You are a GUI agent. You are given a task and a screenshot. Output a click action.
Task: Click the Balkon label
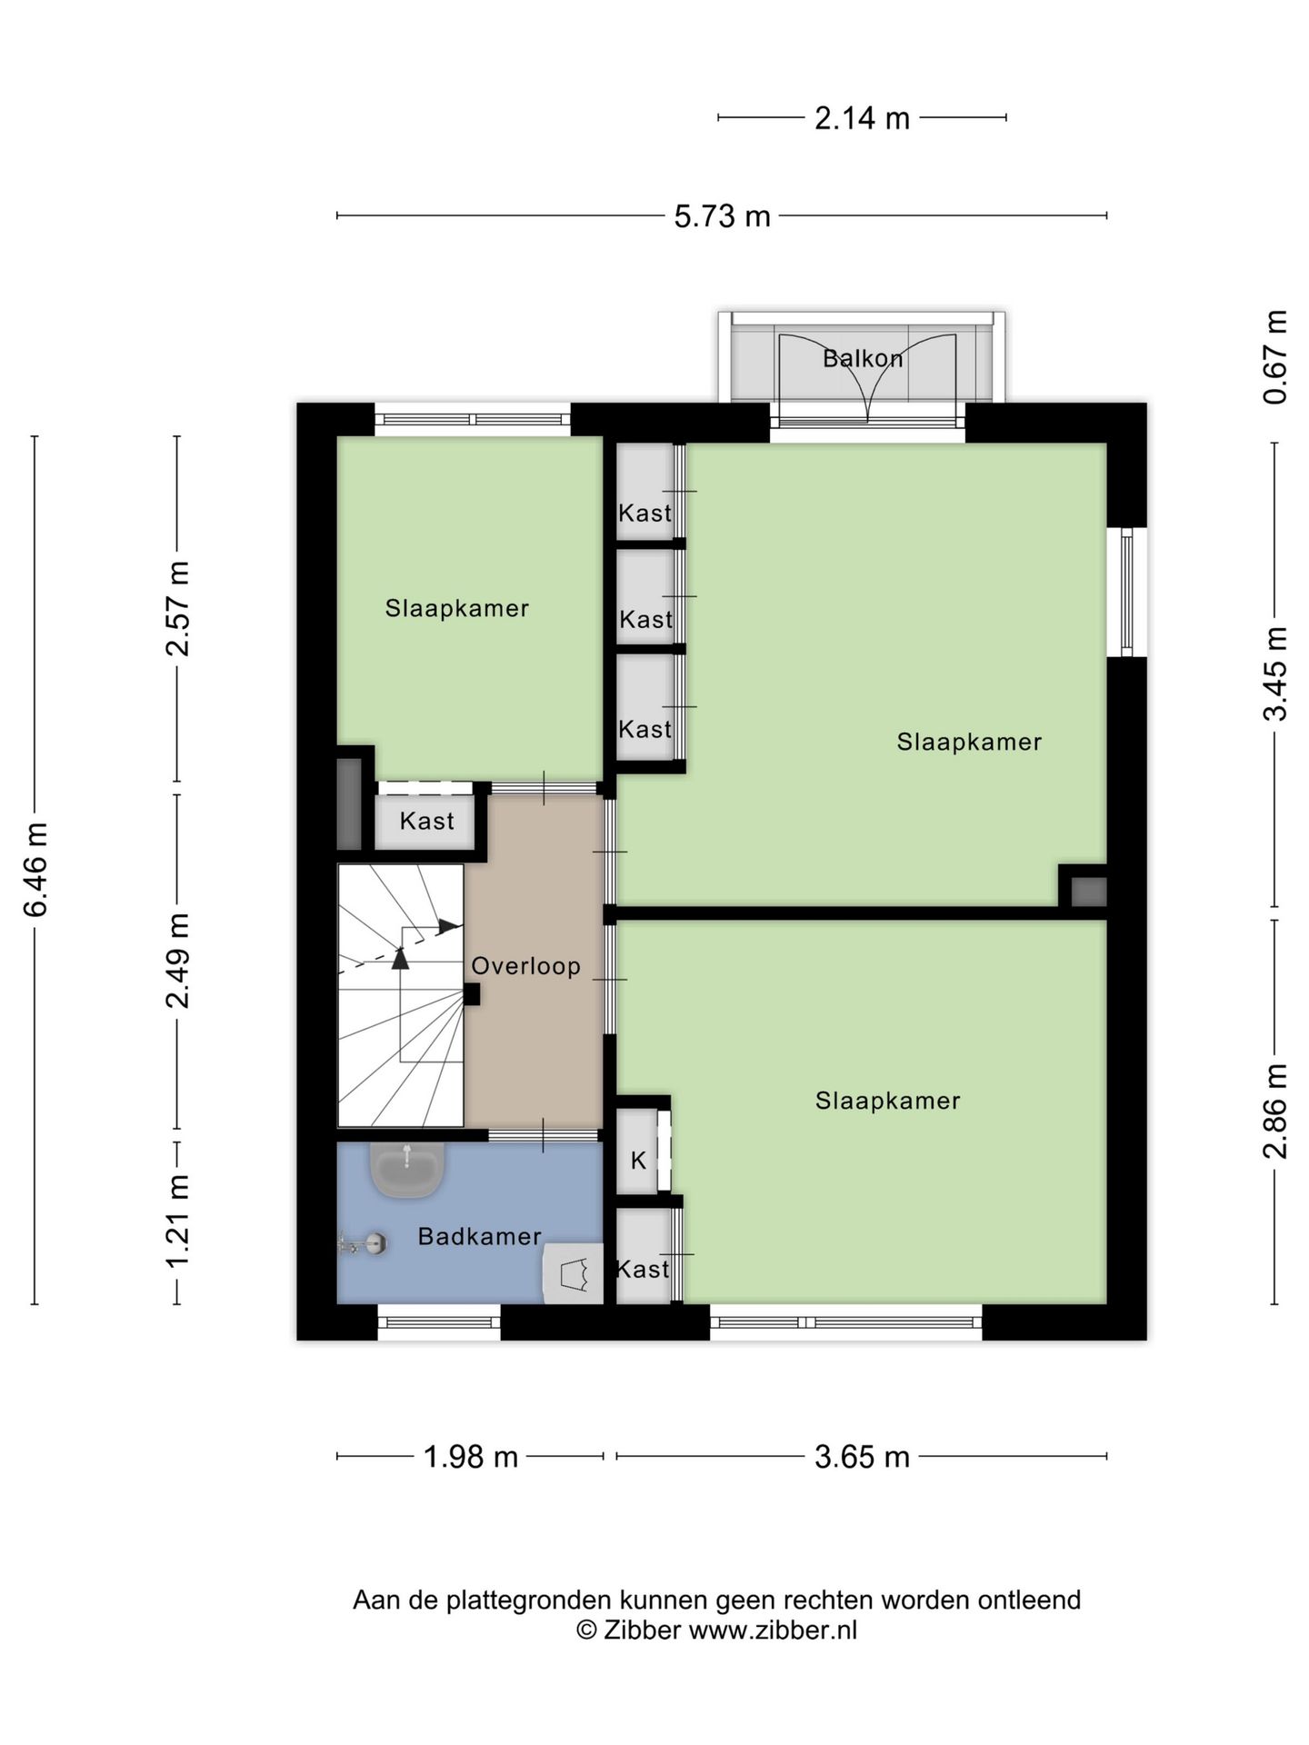point(863,358)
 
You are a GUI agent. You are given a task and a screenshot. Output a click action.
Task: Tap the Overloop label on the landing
point(525,965)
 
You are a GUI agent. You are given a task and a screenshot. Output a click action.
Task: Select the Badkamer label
point(480,1236)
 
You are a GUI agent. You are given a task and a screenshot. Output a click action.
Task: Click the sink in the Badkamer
point(407,1168)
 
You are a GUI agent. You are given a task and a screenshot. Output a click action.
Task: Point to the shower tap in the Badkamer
point(364,1243)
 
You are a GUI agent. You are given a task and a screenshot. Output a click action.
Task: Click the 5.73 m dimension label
point(722,216)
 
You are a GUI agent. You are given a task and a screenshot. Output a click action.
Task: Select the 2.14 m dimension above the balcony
point(862,118)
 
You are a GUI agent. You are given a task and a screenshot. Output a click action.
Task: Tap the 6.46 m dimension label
point(36,870)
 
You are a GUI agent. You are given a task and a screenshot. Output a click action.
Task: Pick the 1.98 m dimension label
point(471,1457)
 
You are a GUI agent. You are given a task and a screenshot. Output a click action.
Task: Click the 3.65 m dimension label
point(862,1457)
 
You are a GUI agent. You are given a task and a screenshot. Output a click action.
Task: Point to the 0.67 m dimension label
point(1275,357)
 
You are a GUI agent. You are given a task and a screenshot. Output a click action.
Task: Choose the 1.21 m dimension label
point(177,1221)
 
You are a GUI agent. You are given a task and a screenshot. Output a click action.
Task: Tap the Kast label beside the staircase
point(426,821)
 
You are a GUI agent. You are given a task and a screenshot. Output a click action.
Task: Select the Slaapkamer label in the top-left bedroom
point(457,608)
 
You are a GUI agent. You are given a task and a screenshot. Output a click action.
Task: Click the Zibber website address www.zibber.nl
point(773,1630)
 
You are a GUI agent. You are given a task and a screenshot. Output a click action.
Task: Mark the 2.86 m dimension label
point(1275,1111)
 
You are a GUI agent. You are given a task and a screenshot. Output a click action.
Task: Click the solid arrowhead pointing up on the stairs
point(400,958)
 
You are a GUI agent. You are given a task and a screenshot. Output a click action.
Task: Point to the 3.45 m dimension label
point(1275,673)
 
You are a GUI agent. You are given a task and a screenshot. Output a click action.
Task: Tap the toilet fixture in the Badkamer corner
point(573,1273)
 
